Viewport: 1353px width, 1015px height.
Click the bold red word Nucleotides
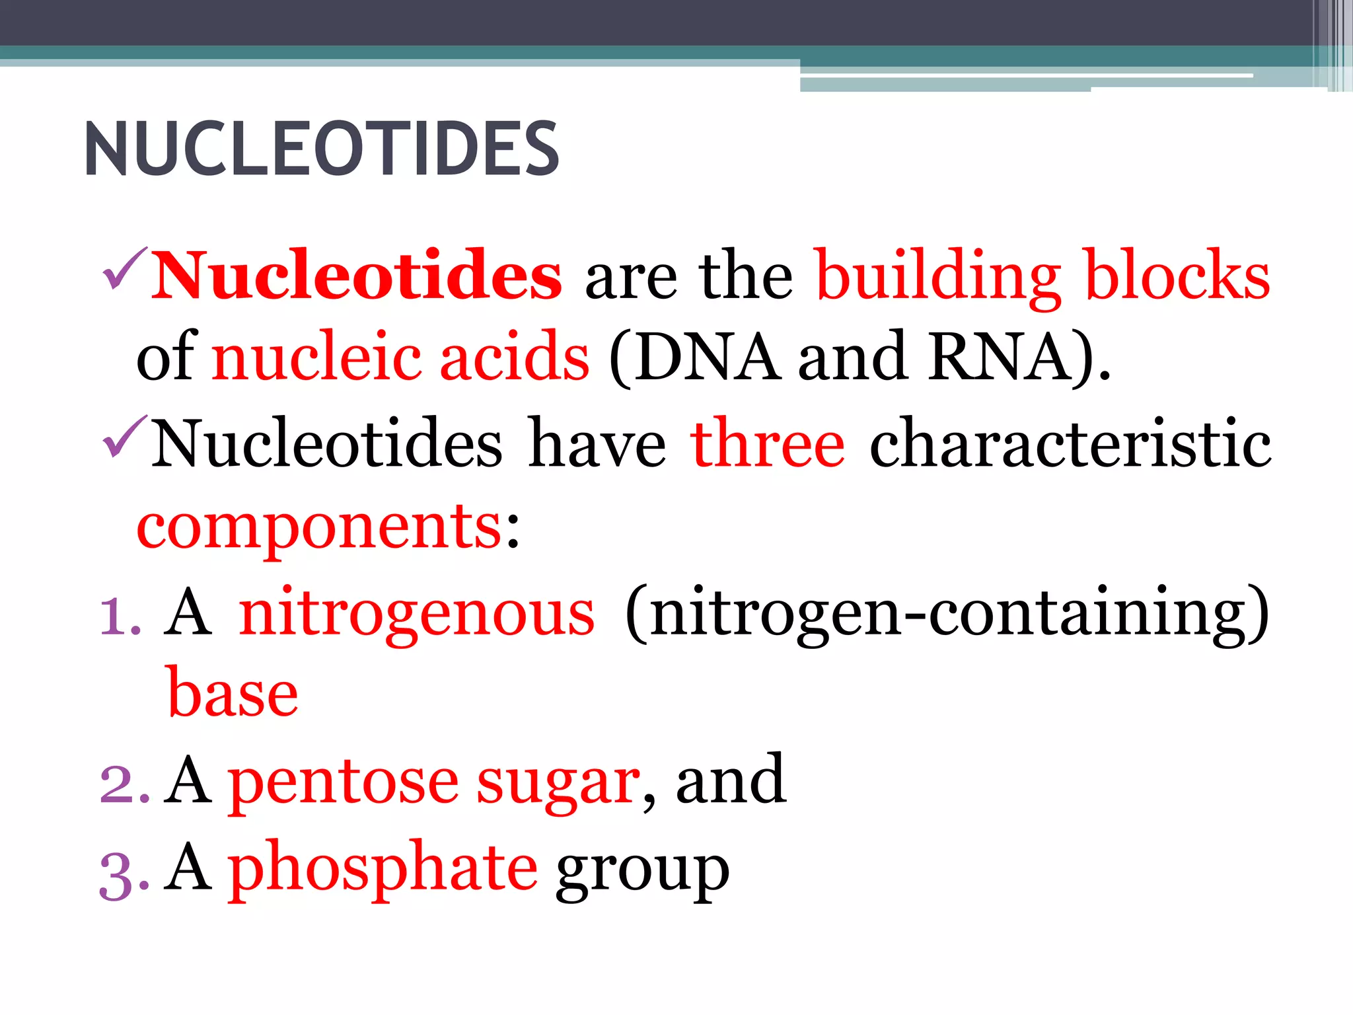tap(357, 276)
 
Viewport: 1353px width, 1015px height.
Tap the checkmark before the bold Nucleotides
tap(125, 269)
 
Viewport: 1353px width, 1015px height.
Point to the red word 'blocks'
tap(1177, 276)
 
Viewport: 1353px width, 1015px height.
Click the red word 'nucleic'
tap(316, 357)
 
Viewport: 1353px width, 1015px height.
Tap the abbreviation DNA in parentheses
tap(708, 357)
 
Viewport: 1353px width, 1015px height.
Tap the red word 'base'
tap(233, 694)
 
